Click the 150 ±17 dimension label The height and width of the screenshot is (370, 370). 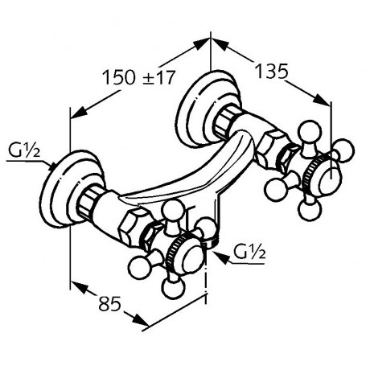(139, 77)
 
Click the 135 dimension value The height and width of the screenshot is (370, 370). (272, 72)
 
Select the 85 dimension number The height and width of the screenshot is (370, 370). (110, 303)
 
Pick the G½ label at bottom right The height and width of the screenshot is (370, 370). (249, 252)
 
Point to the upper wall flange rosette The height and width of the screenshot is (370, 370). (208, 109)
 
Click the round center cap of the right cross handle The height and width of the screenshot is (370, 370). (331, 181)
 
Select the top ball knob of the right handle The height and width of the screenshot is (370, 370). (310, 131)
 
